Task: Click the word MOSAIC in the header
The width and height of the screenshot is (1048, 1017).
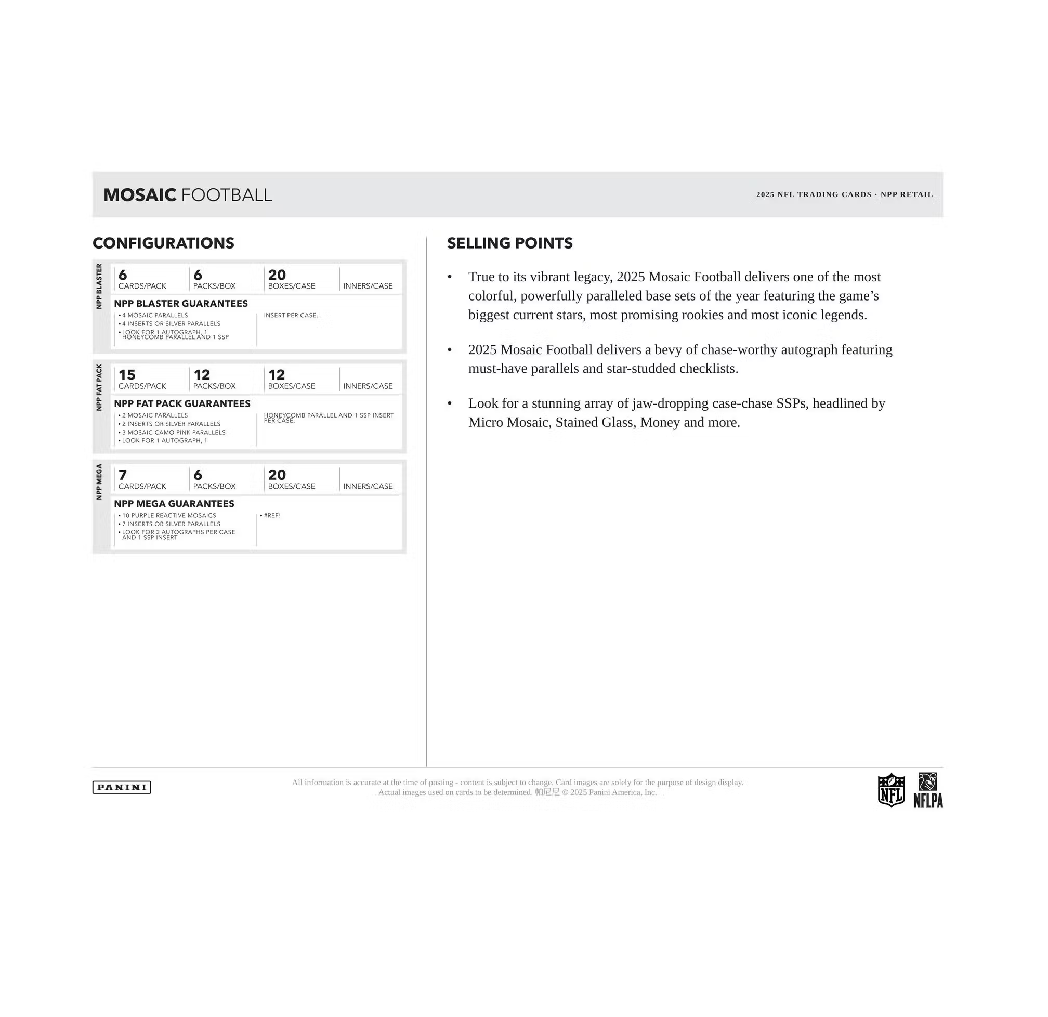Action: click(x=139, y=194)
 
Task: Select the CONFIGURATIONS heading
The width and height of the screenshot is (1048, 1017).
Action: click(x=163, y=243)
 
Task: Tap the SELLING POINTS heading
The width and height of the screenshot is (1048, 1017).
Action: click(x=509, y=243)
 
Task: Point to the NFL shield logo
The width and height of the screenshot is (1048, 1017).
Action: click(x=892, y=790)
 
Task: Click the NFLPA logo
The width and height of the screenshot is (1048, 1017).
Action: click(x=928, y=790)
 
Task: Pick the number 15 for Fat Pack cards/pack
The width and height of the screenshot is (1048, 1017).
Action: click(x=127, y=375)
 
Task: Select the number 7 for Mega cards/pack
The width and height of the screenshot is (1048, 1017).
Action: click(x=123, y=475)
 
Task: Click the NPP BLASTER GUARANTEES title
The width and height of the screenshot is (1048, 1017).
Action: click(x=181, y=304)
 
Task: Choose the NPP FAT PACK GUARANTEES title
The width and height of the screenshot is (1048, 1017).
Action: click(x=182, y=403)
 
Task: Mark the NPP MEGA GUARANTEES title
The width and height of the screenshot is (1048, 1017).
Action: click(x=174, y=504)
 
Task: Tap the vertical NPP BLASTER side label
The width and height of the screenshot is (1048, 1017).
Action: click(x=99, y=286)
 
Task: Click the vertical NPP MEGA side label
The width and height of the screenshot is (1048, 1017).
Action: click(x=99, y=482)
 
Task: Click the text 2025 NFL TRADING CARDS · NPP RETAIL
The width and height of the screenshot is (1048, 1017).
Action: click(x=844, y=194)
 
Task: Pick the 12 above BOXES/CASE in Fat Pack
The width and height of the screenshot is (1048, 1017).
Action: click(x=277, y=375)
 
